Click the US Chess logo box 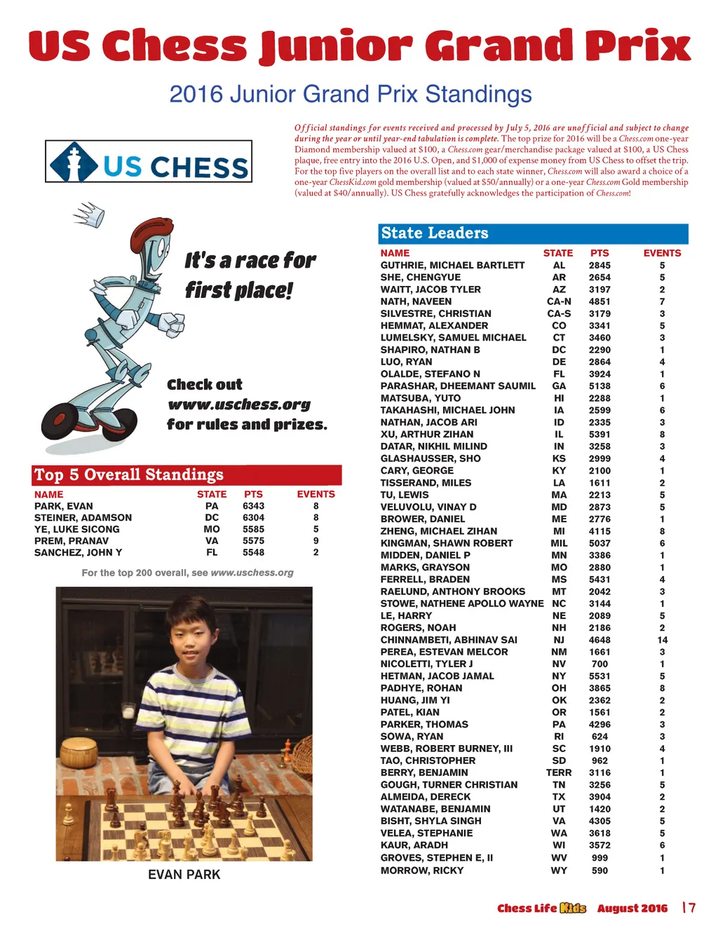tap(149, 162)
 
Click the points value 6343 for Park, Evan tap(253, 506)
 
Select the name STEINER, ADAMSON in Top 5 tap(83, 518)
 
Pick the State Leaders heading tap(435, 233)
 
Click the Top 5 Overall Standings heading tap(129, 475)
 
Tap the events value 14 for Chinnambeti tap(662, 640)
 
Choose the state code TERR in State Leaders tap(559, 772)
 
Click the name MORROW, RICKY tap(421, 871)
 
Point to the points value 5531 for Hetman tap(600, 676)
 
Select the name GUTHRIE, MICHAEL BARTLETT tap(452, 266)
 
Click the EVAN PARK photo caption tap(184, 875)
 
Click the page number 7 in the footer tap(691, 908)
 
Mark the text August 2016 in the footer tap(632, 908)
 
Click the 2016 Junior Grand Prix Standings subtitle tap(351, 94)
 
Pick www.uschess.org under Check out tap(238, 405)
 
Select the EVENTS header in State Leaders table tap(662, 253)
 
